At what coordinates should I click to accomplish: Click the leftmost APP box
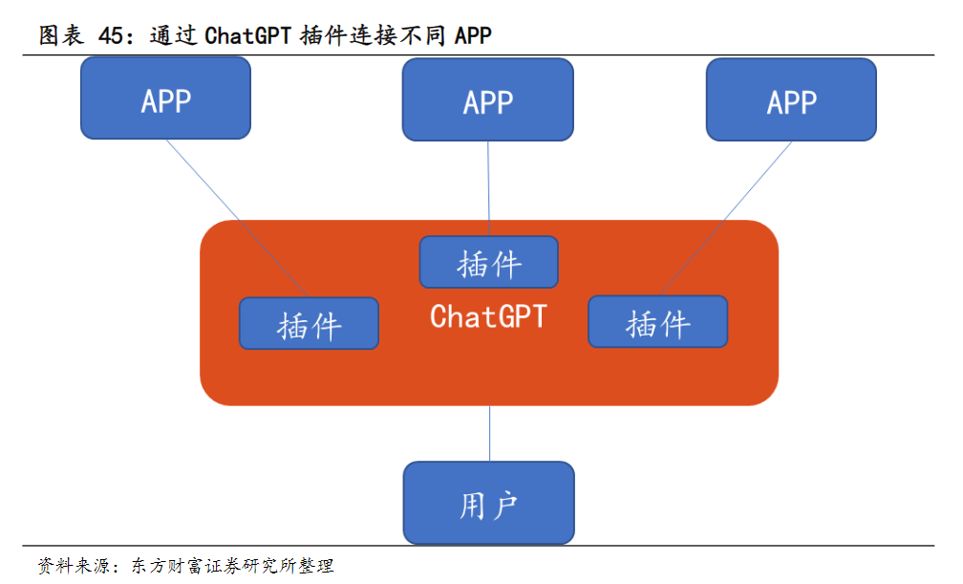click(166, 97)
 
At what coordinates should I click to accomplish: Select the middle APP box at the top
click(488, 99)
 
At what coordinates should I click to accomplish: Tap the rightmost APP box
click(791, 99)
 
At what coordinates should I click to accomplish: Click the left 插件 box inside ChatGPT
click(309, 323)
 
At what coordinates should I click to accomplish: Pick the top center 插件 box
click(489, 262)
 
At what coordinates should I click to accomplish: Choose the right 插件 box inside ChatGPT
click(657, 321)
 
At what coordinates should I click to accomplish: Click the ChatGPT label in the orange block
click(488, 316)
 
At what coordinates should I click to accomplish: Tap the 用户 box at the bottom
click(488, 503)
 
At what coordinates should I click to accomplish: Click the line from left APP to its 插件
click(234, 215)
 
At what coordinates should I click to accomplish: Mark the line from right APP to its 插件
click(726, 217)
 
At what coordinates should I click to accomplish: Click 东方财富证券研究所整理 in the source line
click(232, 566)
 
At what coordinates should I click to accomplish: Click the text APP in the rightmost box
click(791, 102)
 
